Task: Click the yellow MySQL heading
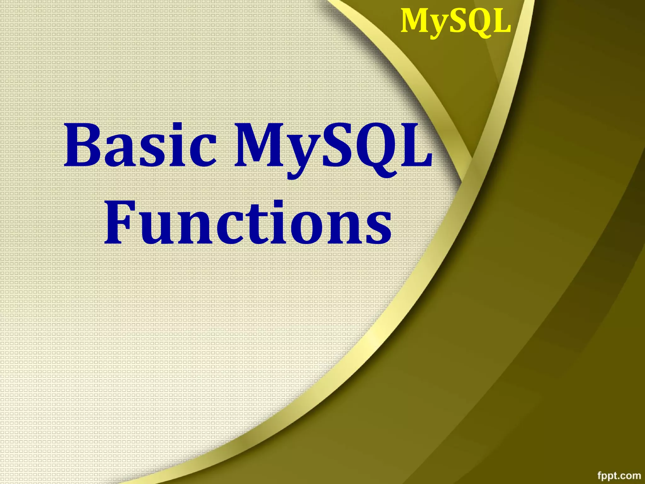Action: (455, 21)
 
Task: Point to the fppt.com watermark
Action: (619, 475)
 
